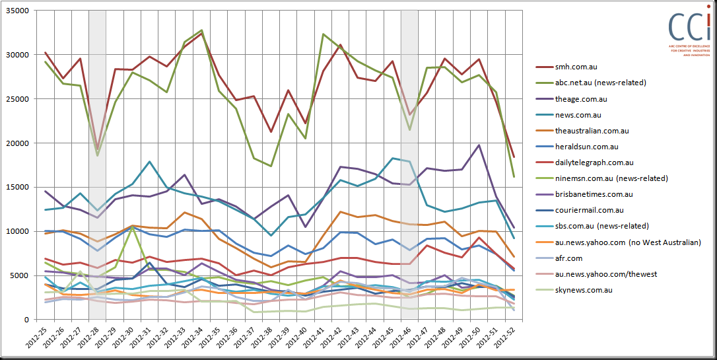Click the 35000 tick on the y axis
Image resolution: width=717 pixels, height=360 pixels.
pos(20,11)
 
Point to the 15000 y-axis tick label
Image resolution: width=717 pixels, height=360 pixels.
pos(20,188)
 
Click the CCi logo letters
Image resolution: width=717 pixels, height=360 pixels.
pos(687,26)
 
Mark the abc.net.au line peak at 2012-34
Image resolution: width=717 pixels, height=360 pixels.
pos(201,30)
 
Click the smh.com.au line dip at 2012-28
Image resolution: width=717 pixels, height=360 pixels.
pos(97,149)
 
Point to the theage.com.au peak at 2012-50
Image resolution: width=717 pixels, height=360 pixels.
pos(479,145)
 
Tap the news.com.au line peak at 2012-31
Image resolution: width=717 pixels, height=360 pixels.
pos(150,162)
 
